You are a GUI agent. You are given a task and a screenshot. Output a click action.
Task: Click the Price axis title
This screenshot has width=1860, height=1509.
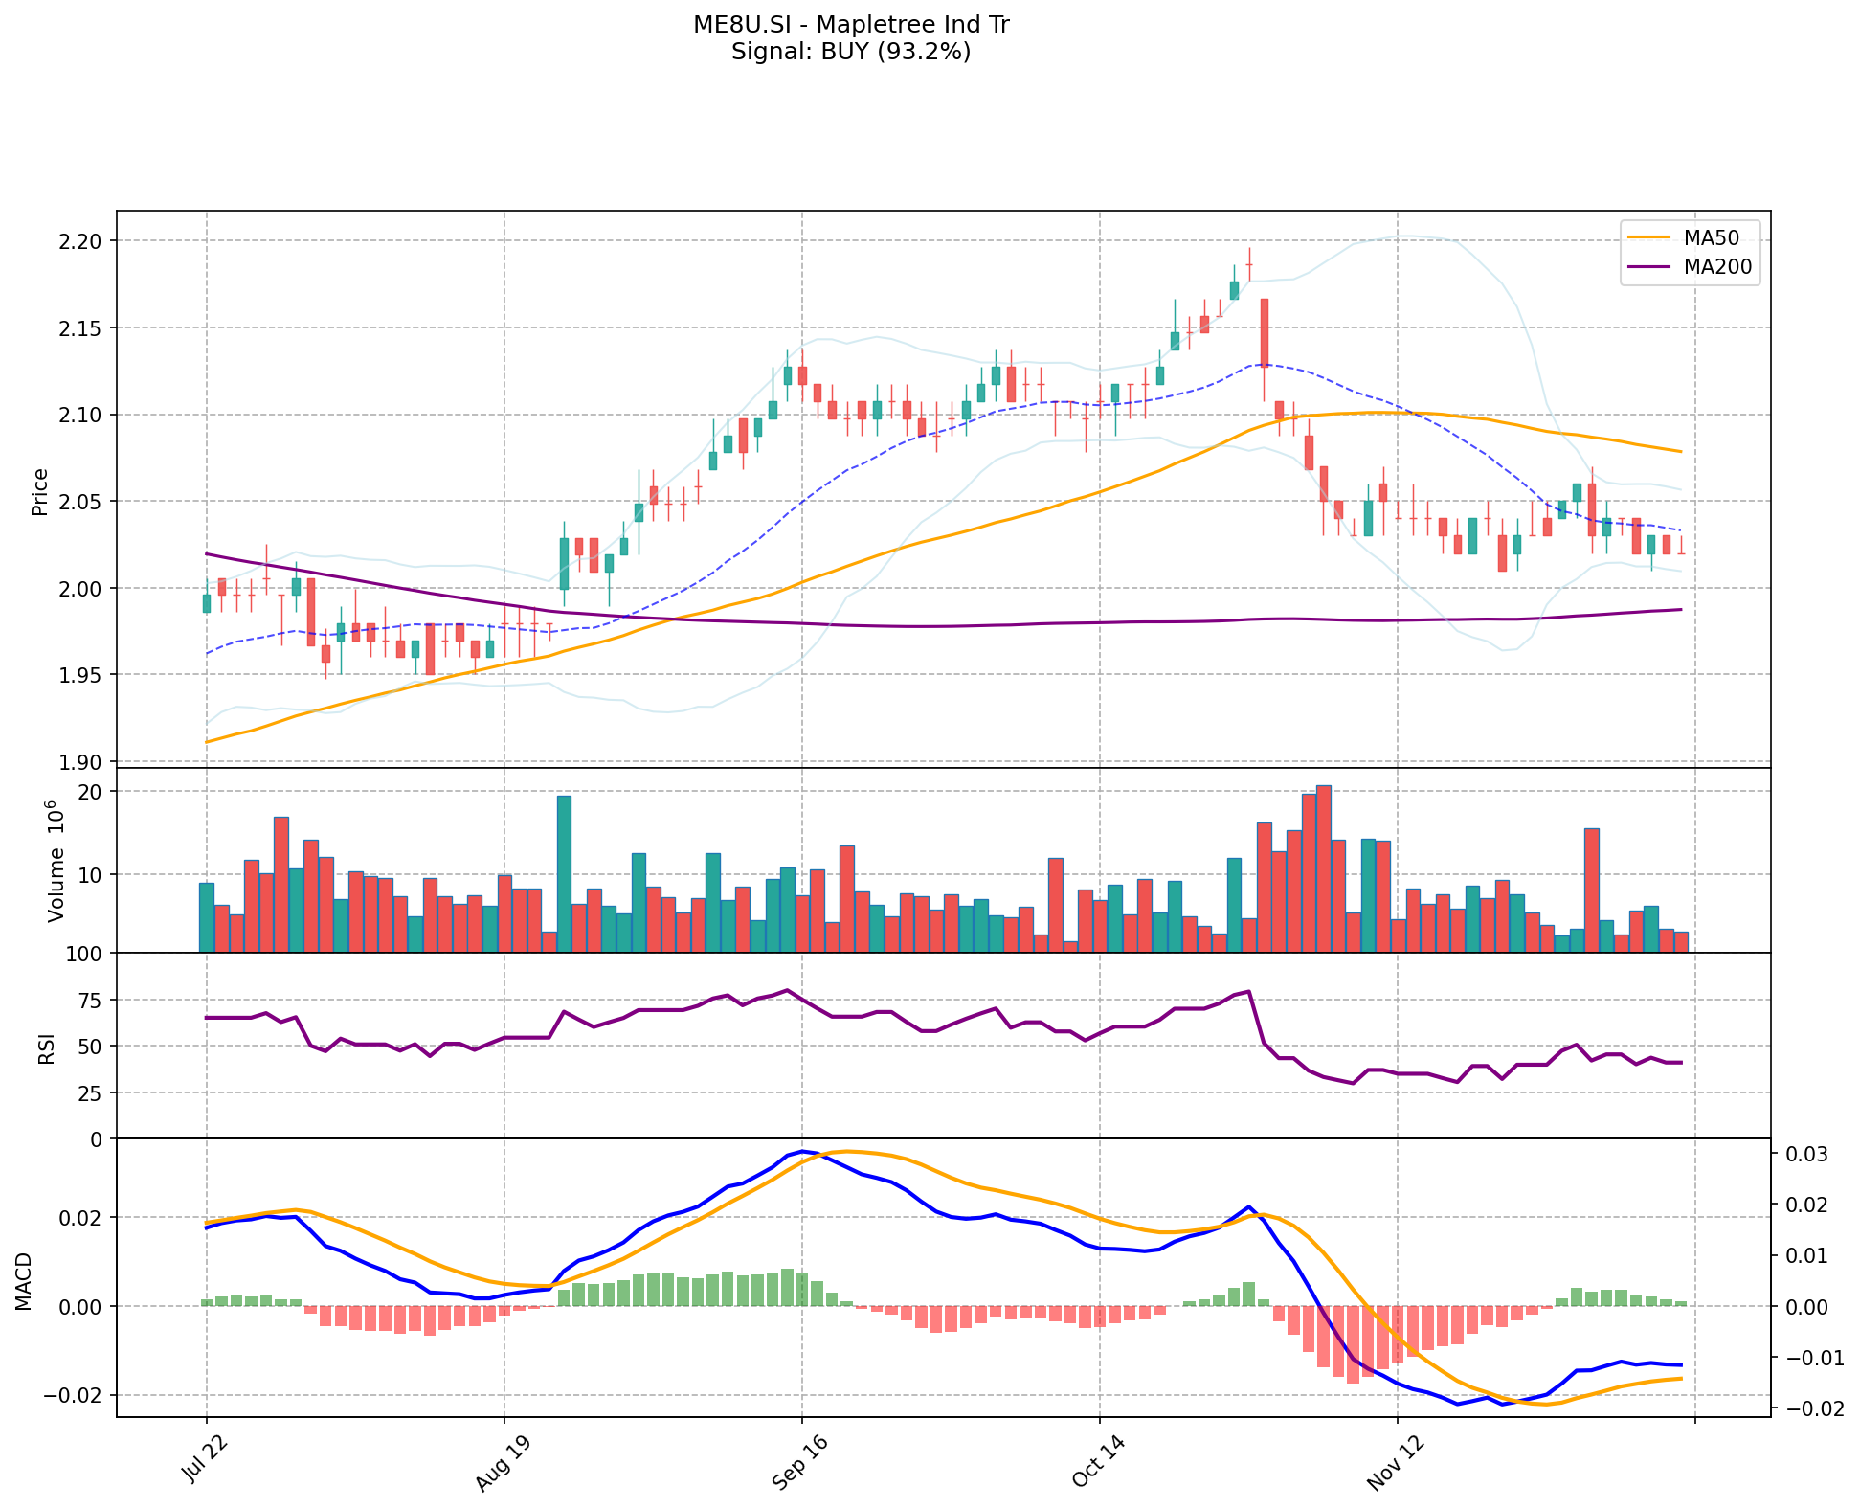(40, 492)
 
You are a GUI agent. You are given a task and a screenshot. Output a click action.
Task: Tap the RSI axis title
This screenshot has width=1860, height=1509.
(46, 1047)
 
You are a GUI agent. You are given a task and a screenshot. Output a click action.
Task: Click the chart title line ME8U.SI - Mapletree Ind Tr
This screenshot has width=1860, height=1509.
(851, 25)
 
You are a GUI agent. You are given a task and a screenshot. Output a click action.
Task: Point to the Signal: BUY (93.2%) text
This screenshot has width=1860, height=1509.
(851, 52)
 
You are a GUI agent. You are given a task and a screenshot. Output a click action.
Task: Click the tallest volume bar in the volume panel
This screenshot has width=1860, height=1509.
(1323, 868)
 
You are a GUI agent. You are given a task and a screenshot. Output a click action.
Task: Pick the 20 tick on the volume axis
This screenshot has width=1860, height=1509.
(93, 792)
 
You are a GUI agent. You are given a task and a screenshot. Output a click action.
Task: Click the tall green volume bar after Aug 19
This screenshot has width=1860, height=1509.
(564, 873)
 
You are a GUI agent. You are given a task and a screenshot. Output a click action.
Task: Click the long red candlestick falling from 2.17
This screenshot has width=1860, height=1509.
(1264, 332)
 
